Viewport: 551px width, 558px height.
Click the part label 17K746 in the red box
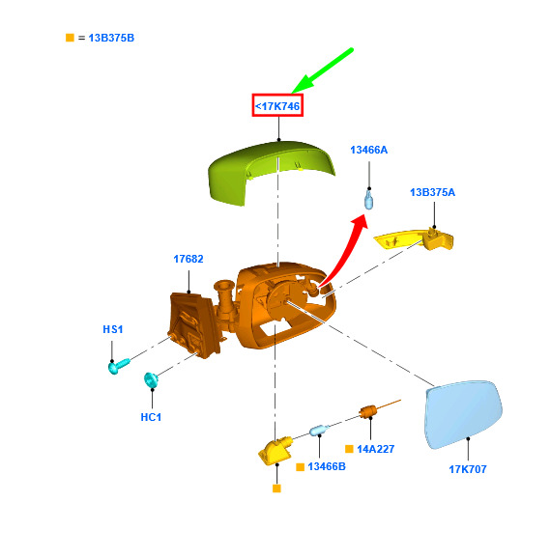coord(277,106)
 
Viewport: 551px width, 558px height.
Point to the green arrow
coord(323,70)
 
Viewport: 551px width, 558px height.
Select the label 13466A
coord(369,150)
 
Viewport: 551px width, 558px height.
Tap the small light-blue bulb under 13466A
coord(369,200)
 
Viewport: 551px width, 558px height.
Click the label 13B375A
coord(432,192)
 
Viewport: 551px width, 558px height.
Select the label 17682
coord(188,259)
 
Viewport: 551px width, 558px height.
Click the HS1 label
coord(113,329)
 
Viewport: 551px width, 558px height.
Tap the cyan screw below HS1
coord(118,366)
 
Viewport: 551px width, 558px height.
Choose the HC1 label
coord(151,417)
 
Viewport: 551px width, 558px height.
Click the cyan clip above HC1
coord(151,379)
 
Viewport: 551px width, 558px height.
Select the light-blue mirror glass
coord(463,414)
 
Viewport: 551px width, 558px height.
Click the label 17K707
coord(468,469)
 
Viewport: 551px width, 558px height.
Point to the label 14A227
coord(376,449)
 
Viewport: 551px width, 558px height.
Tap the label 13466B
coord(327,466)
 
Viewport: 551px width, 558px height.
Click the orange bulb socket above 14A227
coord(369,411)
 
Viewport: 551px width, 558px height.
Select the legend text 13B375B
coord(111,38)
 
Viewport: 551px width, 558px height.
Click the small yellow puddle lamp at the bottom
coord(275,450)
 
